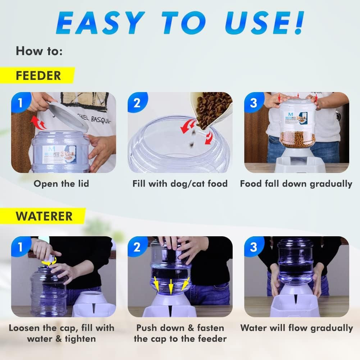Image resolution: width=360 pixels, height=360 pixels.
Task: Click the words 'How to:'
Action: click(39, 51)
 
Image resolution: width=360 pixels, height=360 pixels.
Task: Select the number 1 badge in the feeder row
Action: click(20, 102)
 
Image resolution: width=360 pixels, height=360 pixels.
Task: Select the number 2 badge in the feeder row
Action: click(137, 102)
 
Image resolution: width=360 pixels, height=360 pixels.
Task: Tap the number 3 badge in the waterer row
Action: click(254, 247)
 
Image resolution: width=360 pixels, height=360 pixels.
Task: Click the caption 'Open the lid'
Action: click(61, 184)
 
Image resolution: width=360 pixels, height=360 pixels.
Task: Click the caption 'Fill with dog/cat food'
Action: click(180, 184)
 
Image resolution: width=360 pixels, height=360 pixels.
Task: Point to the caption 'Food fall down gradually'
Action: click(296, 184)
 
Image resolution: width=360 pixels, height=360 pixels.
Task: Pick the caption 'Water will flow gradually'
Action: click(296, 328)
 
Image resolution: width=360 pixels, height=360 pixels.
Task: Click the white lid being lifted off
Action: click(68, 115)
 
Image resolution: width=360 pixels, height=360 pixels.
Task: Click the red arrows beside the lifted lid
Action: click(39, 123)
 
